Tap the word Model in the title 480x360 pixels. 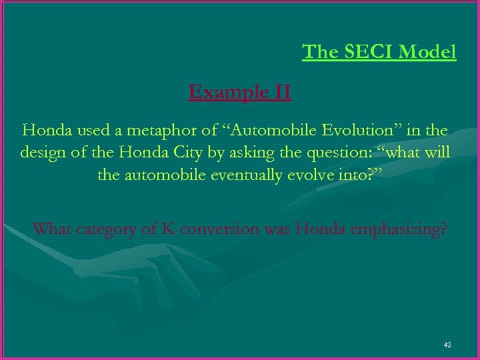(429, 51)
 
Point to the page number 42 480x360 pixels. (447, 345)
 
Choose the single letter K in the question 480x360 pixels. (168, 229)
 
